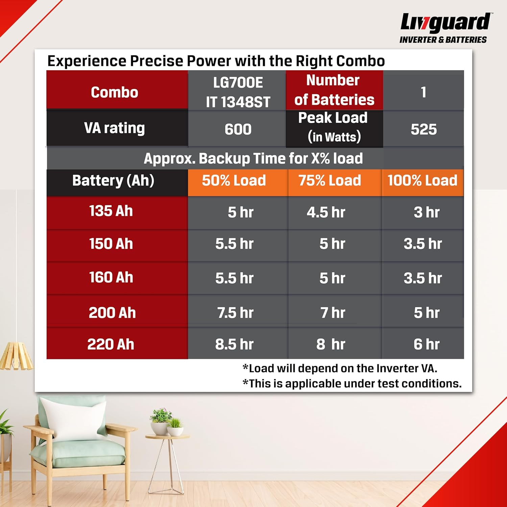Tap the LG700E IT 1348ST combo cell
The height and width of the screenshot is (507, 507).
[x=238, y=92]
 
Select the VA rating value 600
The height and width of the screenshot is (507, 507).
[x=238, y=129]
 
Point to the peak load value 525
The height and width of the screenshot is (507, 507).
[x=424, y=129]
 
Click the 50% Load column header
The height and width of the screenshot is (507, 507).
[x=234, y=180]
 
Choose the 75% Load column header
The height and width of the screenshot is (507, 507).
[x=330, y=180]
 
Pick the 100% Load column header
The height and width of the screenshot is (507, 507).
[x=422, y=180]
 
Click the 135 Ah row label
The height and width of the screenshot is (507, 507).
[x=111, y=211]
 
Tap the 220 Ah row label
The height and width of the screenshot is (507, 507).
[x=111, y=344]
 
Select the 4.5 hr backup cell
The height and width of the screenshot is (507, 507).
[x=326, y=212]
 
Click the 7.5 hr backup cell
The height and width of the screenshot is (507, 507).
[x=235, y=313]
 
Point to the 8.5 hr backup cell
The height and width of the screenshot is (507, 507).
[x=234, y=344]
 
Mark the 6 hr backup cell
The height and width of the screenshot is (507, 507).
[x=426, y=344]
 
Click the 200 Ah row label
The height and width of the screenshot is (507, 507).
[x=112, y=313]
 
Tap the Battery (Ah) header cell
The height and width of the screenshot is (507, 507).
[x=113, y=180]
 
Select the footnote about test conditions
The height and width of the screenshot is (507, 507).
[x=352, y=383]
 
